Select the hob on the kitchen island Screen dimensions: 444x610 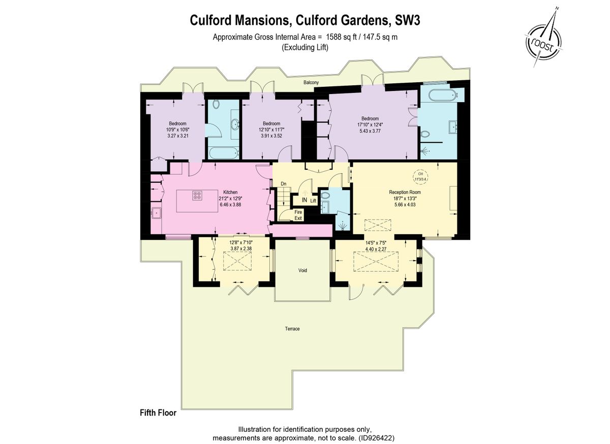click(198, 196)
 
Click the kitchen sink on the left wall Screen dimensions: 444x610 click(156, 213)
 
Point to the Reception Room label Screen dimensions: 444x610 click(405, 192)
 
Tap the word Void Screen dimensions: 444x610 click(302, 270)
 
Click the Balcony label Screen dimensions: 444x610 click(311, 82)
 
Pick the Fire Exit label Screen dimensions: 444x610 click(298, 215)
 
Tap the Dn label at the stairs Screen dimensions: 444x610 click(284, 183)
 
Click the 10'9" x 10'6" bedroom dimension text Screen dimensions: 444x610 click(177, 130)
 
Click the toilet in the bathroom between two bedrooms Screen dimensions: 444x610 click(216, 105)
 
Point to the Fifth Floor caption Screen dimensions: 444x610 click(158, 413)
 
